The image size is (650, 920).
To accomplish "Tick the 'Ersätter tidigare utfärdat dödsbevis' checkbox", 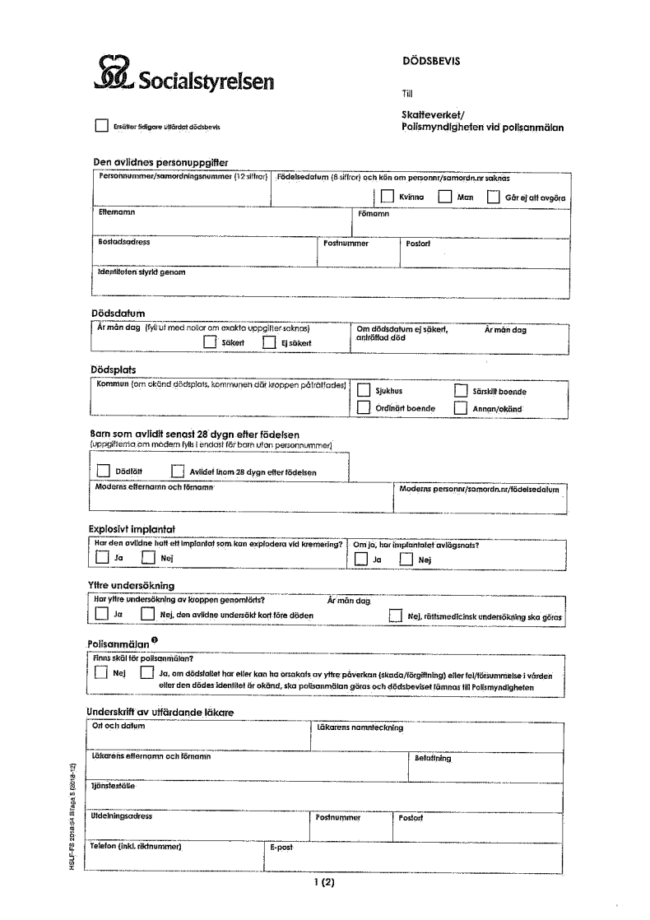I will point(102,127).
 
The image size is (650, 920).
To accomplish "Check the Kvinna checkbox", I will point(387,197).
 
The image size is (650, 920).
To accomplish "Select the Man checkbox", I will point(444,197).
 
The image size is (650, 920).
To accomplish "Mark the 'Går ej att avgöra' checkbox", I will point(494,197).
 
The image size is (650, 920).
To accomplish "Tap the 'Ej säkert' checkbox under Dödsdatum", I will point(268,342).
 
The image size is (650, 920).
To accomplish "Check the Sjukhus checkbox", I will point(363,392).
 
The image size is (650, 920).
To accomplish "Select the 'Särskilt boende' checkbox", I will point(461,392).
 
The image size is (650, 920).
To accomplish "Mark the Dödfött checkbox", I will point(102,472).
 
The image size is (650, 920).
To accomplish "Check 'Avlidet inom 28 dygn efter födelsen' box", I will point(177,472).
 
